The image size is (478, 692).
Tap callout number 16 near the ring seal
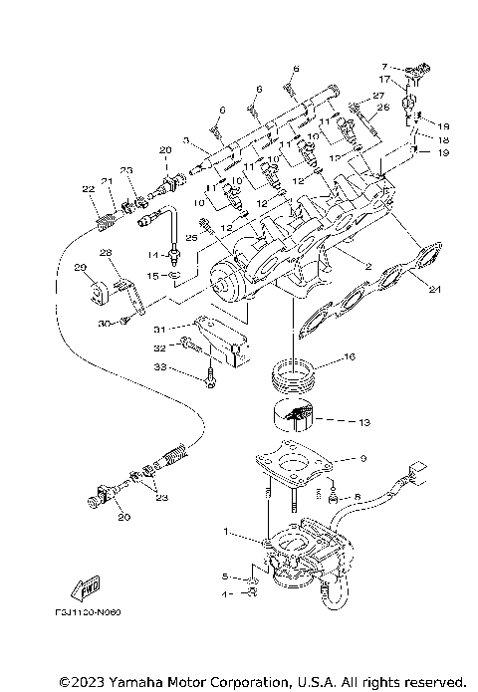tap(350, 354)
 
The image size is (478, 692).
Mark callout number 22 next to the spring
tap(89, 189)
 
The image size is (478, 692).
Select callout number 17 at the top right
tap(382, 79)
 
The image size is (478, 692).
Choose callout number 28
tap(105, 254)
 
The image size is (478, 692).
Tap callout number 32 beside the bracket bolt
tap(158, 348)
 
